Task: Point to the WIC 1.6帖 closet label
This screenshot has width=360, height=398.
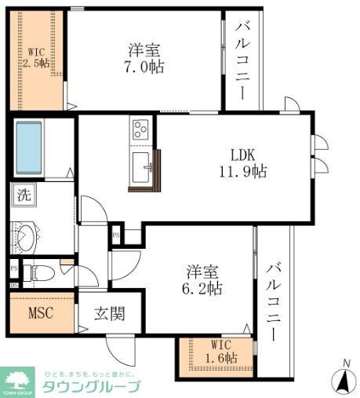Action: click(x=217, y=359)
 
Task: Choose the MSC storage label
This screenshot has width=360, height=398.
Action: click(x=41, y=316)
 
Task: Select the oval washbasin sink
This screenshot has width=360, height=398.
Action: click(x=27, y=238)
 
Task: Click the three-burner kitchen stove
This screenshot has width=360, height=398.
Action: click(x=142, y=129)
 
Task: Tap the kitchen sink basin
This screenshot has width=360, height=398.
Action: click(x=143, y=167)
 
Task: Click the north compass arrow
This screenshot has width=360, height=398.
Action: click(x=343, y=383)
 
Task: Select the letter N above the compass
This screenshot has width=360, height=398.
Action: click(x=343, y=363)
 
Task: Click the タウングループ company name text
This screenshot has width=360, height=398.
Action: click(x=90, y=386)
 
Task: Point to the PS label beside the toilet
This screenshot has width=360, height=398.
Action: click(x=14, y=268)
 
